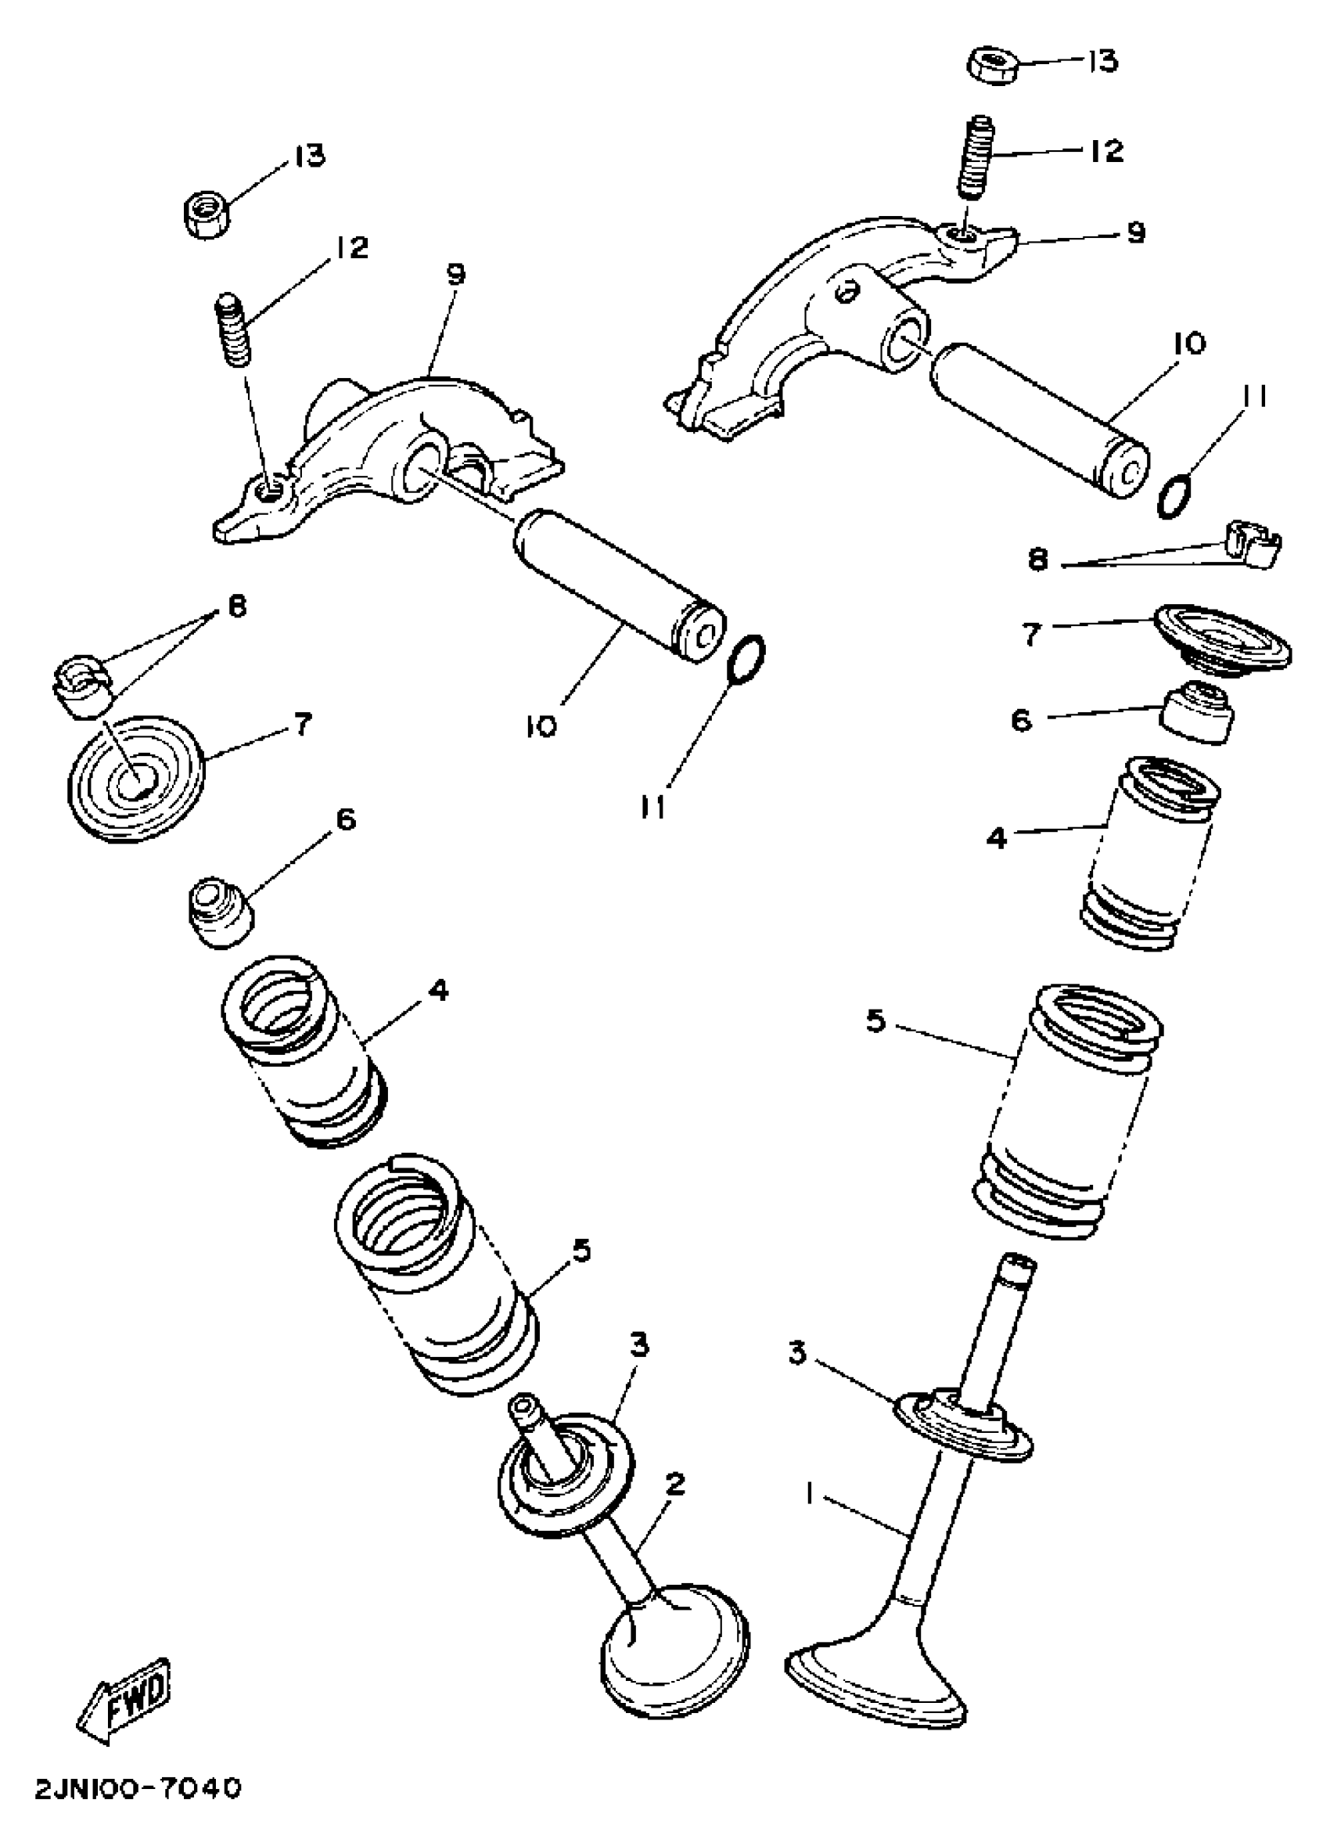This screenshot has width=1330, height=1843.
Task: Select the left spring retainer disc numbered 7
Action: click(x=135, y=778)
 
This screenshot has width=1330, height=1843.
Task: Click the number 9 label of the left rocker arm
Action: click(x=456, y=275)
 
